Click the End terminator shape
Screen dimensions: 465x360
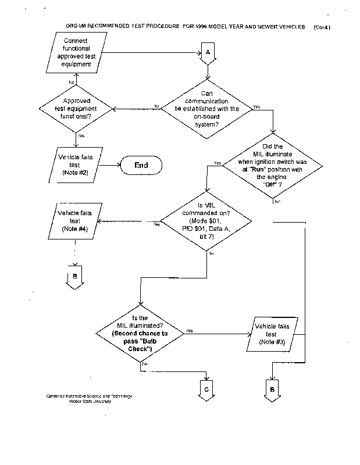coord(141,165)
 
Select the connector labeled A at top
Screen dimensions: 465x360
coord(208,53)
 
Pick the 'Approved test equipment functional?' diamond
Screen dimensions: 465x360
coord(76,108)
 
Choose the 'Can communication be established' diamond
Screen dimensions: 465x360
coord(207,109)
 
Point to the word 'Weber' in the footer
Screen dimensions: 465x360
coord(76,401)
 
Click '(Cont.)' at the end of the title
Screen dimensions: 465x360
coord(322,27)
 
